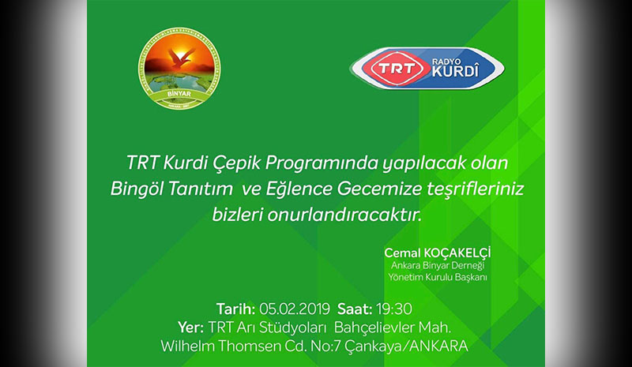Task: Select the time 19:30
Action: pos(396,307)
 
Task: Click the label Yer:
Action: pos(191,326)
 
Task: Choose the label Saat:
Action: pos(355,307)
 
